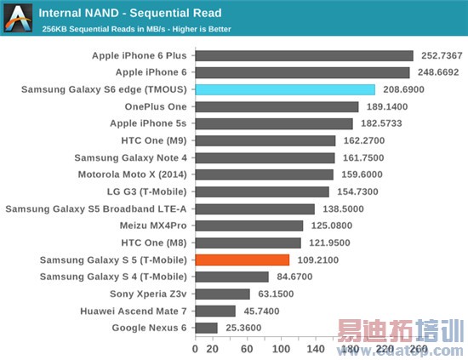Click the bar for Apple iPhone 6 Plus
[304, 56]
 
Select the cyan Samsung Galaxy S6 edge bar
[285, 90]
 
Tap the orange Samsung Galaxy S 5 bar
[243, 260]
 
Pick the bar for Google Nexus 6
[206, 328]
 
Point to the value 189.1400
[387, 107]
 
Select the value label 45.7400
[263, 311]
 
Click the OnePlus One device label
[156, 107]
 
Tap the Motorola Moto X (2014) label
[131, 174]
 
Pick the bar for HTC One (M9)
[265, 141]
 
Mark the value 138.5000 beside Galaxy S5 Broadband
[344, 209]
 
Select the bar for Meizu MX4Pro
[249, 226]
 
